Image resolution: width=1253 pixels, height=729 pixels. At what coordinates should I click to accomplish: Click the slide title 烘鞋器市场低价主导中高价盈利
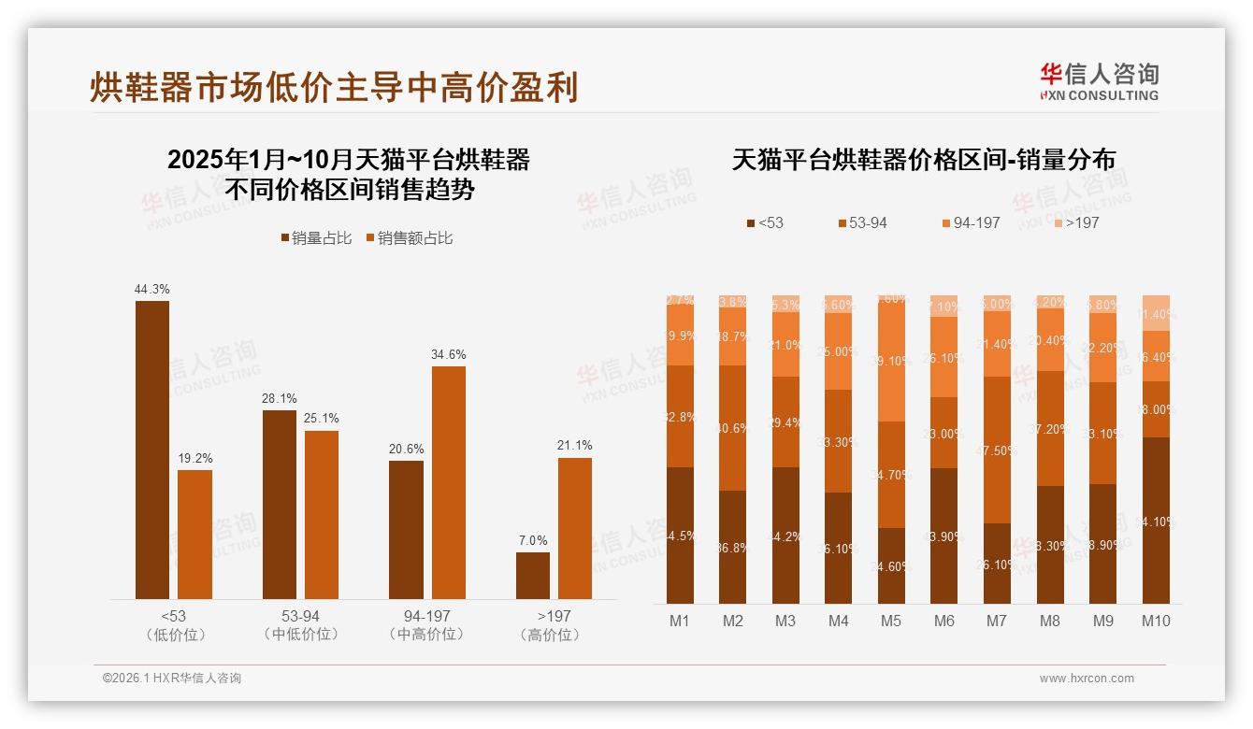(334, 87)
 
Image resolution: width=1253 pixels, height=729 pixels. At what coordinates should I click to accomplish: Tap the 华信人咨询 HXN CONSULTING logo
(1099, 81)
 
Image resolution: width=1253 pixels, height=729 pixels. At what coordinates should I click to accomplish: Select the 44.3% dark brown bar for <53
(152, 450)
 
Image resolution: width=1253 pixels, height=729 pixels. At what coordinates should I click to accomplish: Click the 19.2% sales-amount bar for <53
(194, 534)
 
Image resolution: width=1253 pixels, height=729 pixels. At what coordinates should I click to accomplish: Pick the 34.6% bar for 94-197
(448, 482)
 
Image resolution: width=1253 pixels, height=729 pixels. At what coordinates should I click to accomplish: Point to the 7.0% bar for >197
(533, 575)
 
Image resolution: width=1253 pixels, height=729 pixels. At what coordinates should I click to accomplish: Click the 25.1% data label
(322, 418)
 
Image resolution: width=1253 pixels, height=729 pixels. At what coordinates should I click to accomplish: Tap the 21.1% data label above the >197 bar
(575, 445)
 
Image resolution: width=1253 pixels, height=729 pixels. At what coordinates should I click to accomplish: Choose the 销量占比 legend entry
(316, 238)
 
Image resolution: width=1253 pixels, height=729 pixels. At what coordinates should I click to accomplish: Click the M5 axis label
(891, 621)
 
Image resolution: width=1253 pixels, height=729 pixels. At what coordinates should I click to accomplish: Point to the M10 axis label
(1156, 621)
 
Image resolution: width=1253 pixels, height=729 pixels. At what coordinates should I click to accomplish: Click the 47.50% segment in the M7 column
(997, 450)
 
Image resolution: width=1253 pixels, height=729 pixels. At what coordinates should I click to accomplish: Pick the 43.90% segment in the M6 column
(944, 536)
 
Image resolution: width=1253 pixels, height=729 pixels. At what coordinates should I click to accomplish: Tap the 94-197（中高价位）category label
(426, 625)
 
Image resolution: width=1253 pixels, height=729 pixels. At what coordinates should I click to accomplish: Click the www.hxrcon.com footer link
(1087, 679)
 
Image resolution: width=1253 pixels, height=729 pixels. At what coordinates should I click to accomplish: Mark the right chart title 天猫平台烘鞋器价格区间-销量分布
(923, 160)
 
